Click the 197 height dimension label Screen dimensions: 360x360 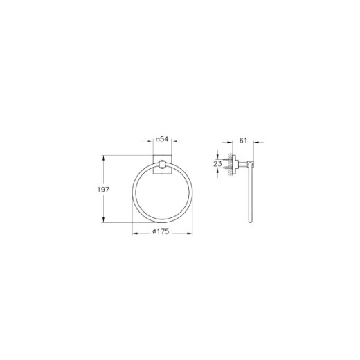pyautogui.click(x=94, y=189)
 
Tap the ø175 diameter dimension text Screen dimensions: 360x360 pyautogui.click(x=163, y=232)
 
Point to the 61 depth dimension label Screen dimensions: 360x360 pyautogui.click(x=243, y=141)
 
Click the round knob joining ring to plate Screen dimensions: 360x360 pyautogui.click(x=162, y=165)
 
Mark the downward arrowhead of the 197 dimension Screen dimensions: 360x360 pyautogui.click(x=105, y=219)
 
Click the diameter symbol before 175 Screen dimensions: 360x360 pyautogui.click(x=154, y=232)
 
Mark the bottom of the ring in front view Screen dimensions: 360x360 pyautogui.click(x=162, y=221)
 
